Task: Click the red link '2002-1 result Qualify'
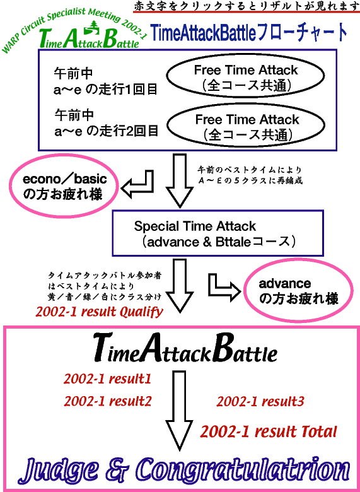click(99, 312)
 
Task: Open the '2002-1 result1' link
click(108, 379)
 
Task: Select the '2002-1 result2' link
click(108, 401)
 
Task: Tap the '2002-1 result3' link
click(260, 401)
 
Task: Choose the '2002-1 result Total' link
click(269, 431)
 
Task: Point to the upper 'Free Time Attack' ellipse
click(245, 76)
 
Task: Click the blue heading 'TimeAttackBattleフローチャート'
click(249, 33)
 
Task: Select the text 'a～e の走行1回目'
click(106, 90)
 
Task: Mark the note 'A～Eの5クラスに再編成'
click(250, 181)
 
